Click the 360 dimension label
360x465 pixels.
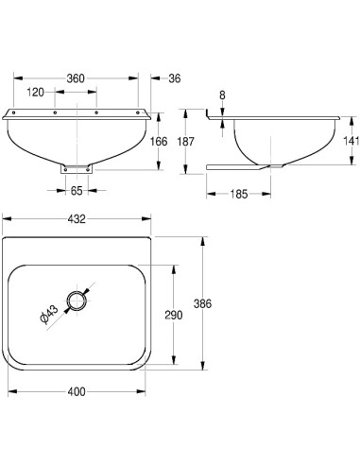(x=76, y=78)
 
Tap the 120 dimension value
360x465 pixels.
(x=36, y=93)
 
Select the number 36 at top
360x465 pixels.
(x=175, y=78)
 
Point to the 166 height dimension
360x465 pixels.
(x=159, y=142)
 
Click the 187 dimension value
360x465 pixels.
(x=186, y=142)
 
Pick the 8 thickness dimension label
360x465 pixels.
(x=222, y=95)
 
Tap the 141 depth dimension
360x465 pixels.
(x=351, y=141)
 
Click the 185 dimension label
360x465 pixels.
(x=238, y=194)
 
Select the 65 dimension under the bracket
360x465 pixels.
(x=77, y=191)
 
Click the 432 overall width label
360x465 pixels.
(x=77, y=219)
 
